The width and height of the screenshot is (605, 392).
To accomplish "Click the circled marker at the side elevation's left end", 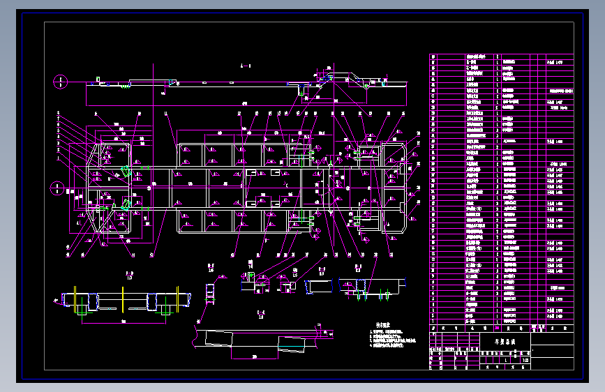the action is point(60,82).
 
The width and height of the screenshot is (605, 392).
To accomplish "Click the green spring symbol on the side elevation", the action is point(126,86).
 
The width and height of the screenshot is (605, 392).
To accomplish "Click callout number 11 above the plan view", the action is point(166,113).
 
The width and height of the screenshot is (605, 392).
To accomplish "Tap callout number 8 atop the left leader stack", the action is point(59,113).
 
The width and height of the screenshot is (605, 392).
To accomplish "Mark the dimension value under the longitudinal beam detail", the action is point(255,356).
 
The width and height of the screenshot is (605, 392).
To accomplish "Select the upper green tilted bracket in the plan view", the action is point(125,171).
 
